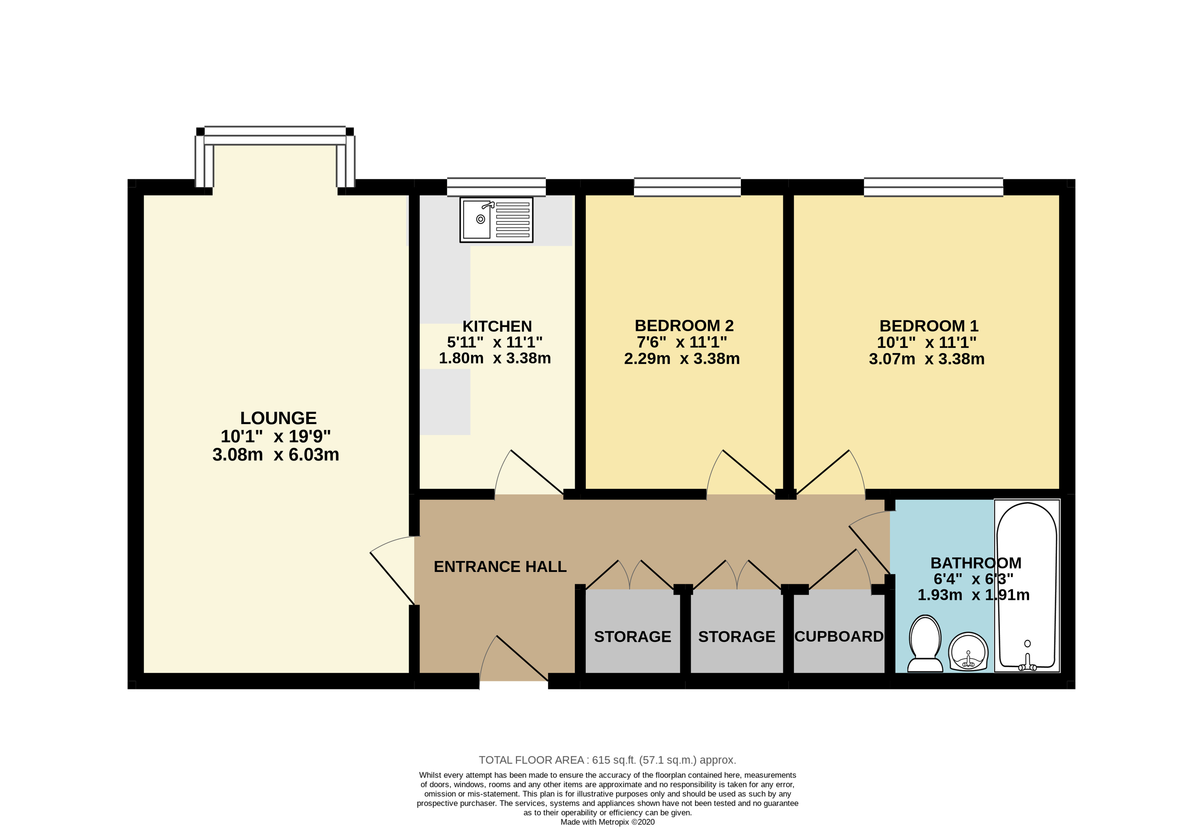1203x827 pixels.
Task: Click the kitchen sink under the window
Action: click(x=496, y=220)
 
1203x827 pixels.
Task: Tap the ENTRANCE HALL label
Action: click(x=500, y=566)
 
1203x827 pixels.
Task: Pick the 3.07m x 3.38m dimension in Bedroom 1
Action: click(x=926, y=359)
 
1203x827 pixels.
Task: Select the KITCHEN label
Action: click(x=497, y=326)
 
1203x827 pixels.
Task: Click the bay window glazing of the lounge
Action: click(x=275, y=136)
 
